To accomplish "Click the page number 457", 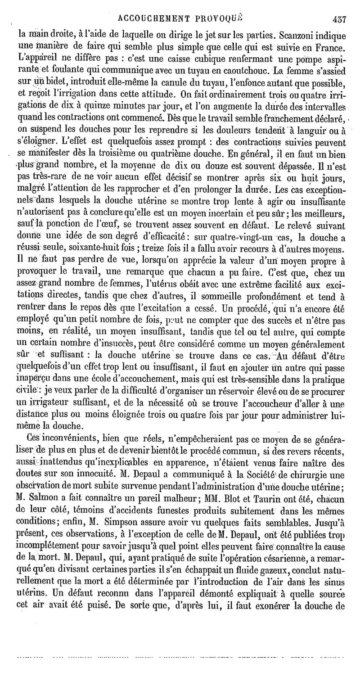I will coord(338,19).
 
